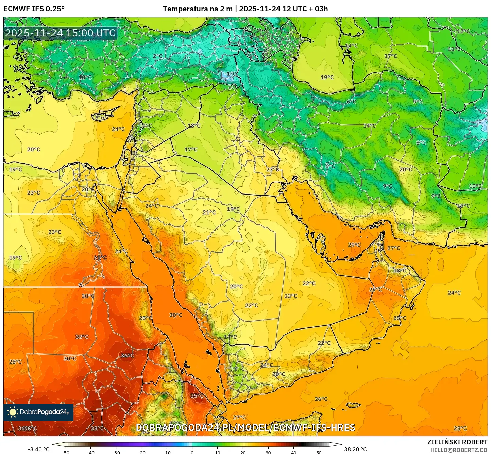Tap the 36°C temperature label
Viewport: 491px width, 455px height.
point(128,356)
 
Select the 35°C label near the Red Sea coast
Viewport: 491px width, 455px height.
point(197,396)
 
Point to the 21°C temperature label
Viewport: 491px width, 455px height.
point(209,213)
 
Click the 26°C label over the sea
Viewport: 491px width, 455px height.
point(321,399)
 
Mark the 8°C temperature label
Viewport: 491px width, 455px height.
point(421,143)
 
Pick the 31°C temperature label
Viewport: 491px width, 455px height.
point(100,258)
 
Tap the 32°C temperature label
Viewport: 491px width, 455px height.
point(82,337)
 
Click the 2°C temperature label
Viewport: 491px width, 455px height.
point(157,56)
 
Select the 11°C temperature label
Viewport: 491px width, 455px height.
point(454,49)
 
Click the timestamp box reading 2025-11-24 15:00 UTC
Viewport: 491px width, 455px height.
point(60,33)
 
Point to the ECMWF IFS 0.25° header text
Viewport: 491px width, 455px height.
point(34,9)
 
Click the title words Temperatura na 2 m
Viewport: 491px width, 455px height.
point(198,9)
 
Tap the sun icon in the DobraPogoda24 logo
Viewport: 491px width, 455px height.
point(13,412)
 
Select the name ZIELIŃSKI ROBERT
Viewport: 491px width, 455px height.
point(457,442)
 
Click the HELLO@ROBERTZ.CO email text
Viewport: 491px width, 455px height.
point(459,450)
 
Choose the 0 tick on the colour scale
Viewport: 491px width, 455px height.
point(192,453)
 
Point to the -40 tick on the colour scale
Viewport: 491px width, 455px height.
point(90,453)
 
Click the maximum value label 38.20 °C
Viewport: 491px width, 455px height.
point(355,449)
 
